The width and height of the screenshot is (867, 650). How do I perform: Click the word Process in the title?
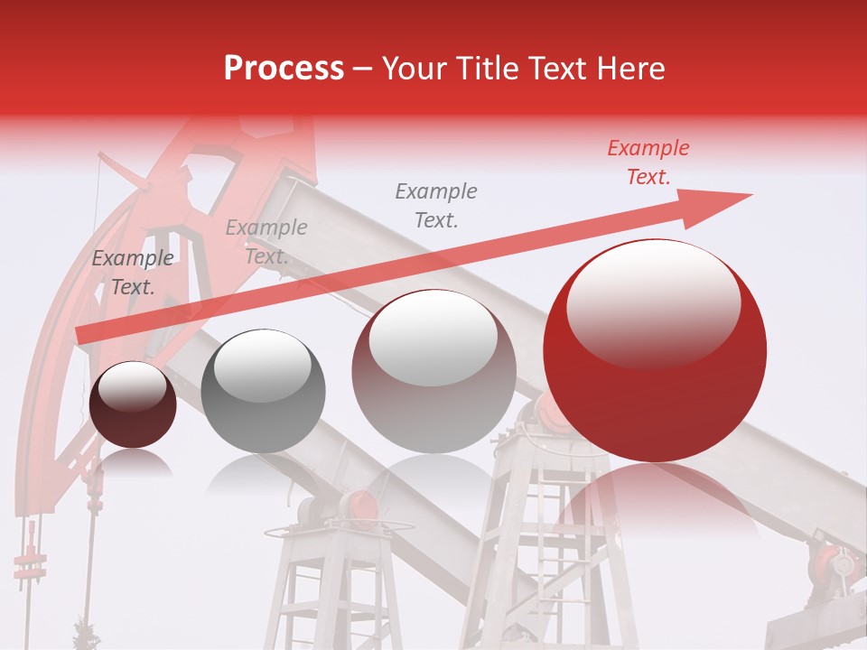point(284,69)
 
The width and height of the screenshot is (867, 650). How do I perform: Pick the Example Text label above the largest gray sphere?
point(436,205)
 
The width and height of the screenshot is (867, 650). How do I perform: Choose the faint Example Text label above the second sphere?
point(266,242)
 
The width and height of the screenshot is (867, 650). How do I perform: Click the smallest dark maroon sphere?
point(133,404)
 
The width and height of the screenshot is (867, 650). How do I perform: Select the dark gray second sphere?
point(263,391)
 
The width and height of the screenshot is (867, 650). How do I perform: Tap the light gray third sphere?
point(433,371)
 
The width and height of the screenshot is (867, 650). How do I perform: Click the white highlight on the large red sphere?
point(653,303)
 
